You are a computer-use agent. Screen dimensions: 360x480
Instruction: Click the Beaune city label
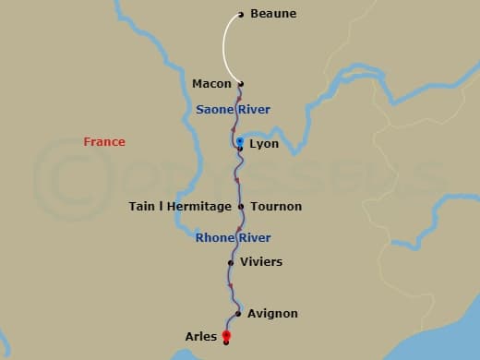click(273, 14)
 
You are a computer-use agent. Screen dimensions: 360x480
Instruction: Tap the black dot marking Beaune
click(241, 14)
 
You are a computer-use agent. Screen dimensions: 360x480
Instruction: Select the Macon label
click(211, 84)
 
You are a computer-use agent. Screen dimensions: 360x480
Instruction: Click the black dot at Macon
click(241, 84)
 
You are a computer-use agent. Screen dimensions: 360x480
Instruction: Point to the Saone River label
click(233, 110)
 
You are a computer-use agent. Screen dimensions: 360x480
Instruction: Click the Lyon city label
click(264, 145)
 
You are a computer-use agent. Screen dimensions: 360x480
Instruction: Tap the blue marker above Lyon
click(239, 141)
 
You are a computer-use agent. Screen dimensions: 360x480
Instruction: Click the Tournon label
click(276, 207)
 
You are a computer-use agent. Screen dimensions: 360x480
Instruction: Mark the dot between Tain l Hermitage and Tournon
click(241, 207)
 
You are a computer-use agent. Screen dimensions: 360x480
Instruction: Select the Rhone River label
click(234, 238)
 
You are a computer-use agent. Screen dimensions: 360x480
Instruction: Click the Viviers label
click(261, 262)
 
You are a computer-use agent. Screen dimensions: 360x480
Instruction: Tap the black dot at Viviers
click(231, 262)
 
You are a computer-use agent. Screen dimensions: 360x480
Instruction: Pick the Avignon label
click(272, 314)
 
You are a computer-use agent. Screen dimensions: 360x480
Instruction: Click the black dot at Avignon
click(237, 314)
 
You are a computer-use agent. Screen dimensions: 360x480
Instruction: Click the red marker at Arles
click(226, 336)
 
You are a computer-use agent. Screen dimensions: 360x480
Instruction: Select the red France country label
click(104, 142)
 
